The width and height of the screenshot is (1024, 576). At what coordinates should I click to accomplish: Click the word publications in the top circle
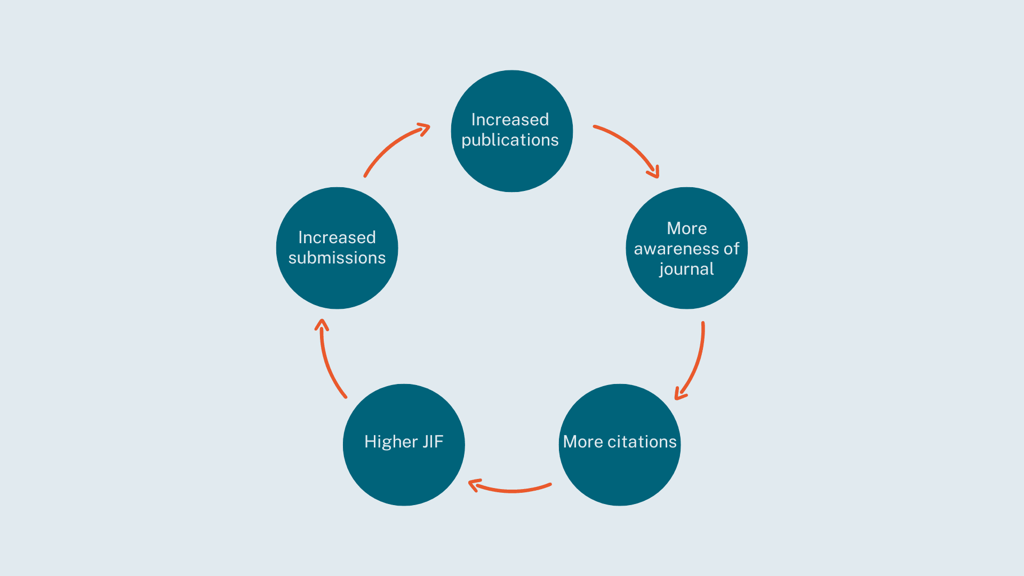tap(510, 140)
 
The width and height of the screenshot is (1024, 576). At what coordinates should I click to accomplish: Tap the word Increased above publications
tap(510, 119)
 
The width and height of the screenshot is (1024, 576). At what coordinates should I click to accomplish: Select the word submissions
tap(337, 258)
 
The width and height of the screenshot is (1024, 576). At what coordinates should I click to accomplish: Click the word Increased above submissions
tap(337, 237)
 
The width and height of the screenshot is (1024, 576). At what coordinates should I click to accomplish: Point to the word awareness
tap(676, 249)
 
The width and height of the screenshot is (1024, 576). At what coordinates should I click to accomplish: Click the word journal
tap(686, 269)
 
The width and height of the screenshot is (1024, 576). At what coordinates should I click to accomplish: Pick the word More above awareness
tap(686, 228)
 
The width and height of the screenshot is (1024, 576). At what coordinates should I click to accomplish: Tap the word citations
tap(642, 442)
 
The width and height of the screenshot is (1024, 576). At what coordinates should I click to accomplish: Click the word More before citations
tap(583, 442)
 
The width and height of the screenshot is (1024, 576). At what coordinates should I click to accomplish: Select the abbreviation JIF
tap(433, 442)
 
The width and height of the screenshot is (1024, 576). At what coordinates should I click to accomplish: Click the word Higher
tap(391, 442)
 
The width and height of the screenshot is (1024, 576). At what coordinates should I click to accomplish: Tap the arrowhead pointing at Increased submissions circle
tap(322, 324)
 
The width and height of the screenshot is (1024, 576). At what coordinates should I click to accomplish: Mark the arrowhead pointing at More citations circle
tap(679, 395)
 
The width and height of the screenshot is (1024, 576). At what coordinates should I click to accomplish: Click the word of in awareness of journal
tap(731, 249)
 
